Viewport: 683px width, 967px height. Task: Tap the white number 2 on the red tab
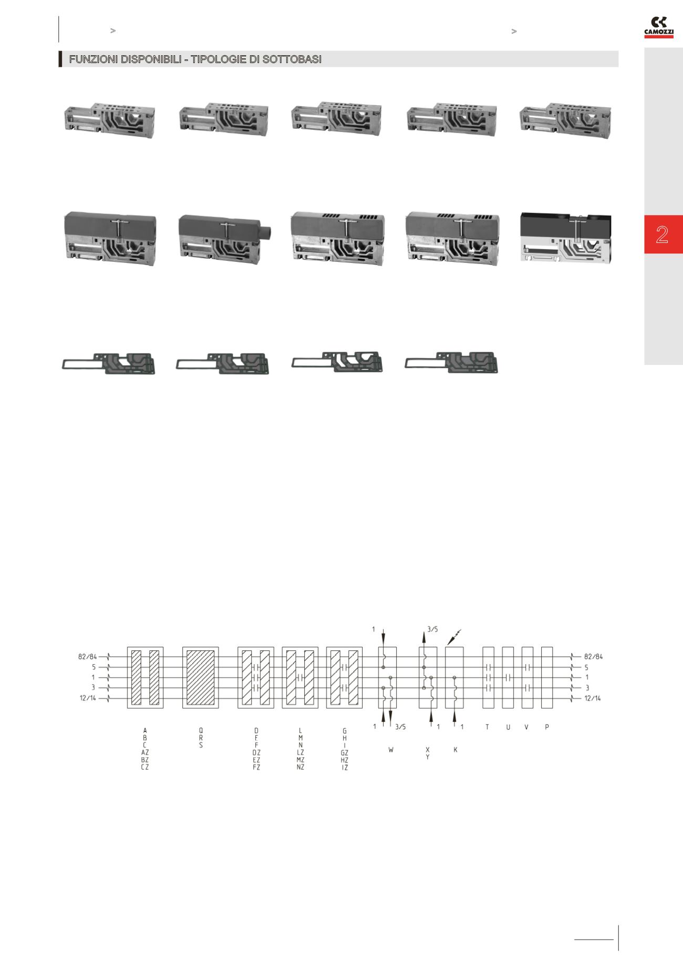(x=662, y=235)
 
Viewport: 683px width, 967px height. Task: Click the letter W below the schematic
(x=391, y=750)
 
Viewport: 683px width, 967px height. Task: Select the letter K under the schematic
(x=455, y=750)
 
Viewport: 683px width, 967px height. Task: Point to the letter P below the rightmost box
(x=547, y=727)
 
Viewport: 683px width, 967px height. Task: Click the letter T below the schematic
(x=487, y=727)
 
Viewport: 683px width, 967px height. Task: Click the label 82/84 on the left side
(x=87, y=657)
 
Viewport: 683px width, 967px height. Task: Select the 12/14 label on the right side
(x=593, y=698)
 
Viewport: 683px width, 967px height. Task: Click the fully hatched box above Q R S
(x=201, y=677)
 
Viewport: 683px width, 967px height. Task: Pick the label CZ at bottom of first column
(x=145, y=767)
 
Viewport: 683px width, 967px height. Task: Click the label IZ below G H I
(x=345, y=768)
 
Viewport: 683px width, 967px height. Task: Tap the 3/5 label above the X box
(x=433, y=629)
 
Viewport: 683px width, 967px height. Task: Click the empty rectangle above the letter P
(x=547, y=677)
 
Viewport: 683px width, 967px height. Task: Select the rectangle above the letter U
(x=508, y=677)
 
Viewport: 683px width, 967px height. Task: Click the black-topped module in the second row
(x=566, y=238)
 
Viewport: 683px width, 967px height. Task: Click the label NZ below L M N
(x=301, y=767)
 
